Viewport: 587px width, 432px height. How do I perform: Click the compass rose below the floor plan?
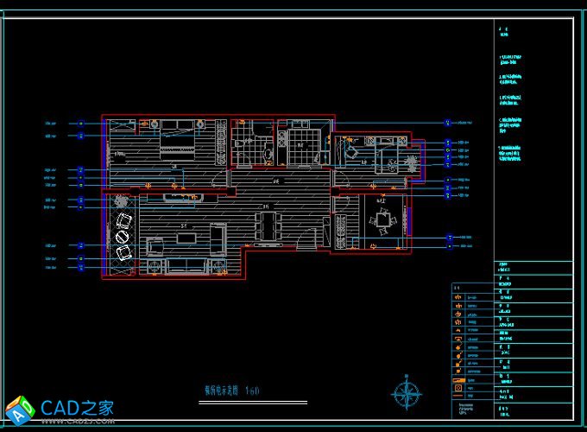pyautogui.click(x=407, y=394)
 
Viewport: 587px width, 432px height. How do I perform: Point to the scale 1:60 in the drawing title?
pyautogui.click(x=251, y=391)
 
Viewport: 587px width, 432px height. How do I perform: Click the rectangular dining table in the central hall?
pyautogui.click(x=267, y=227)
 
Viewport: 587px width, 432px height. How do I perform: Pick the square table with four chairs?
pyautogui.click(x=382, y=221)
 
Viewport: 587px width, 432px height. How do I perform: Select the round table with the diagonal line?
pyautogui.click(x=122, y=235)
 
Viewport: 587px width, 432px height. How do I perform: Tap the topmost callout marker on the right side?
pyautogui.click(x=447, y=123)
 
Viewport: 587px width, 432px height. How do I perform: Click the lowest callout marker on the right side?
pyautogui.click(x=448, y=245)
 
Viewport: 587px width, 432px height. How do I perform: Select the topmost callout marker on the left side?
pyautogui.click(x=81, y=123)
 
